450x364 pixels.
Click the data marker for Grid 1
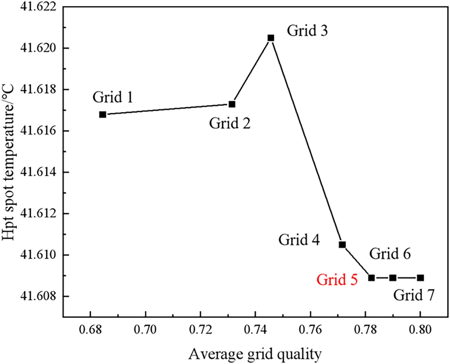coord(103,115)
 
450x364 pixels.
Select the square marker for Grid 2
coord(232,104)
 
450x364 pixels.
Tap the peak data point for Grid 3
coord(271,38)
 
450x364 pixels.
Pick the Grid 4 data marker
coord(342,244)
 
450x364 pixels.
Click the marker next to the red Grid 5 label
coord(371,278)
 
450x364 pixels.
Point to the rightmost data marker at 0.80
coord(420,278)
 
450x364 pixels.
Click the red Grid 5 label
coord(337,280)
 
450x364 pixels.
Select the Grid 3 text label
coord(307,31)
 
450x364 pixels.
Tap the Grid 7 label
coord(414,295)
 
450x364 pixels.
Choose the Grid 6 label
coord(390,254)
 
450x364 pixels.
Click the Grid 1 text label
coord(112,97)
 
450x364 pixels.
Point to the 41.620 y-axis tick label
coord(38,48)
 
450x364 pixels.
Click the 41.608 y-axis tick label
coord(38,296)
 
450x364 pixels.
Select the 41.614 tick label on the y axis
coord(38,172)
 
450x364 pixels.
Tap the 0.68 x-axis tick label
coord(90,329)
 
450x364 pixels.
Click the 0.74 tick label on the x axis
coord(255,329)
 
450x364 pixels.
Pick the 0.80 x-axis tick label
coord(420,329)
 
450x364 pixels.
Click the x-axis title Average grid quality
coord(255,354)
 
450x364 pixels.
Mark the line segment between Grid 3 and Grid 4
coord(306,141)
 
